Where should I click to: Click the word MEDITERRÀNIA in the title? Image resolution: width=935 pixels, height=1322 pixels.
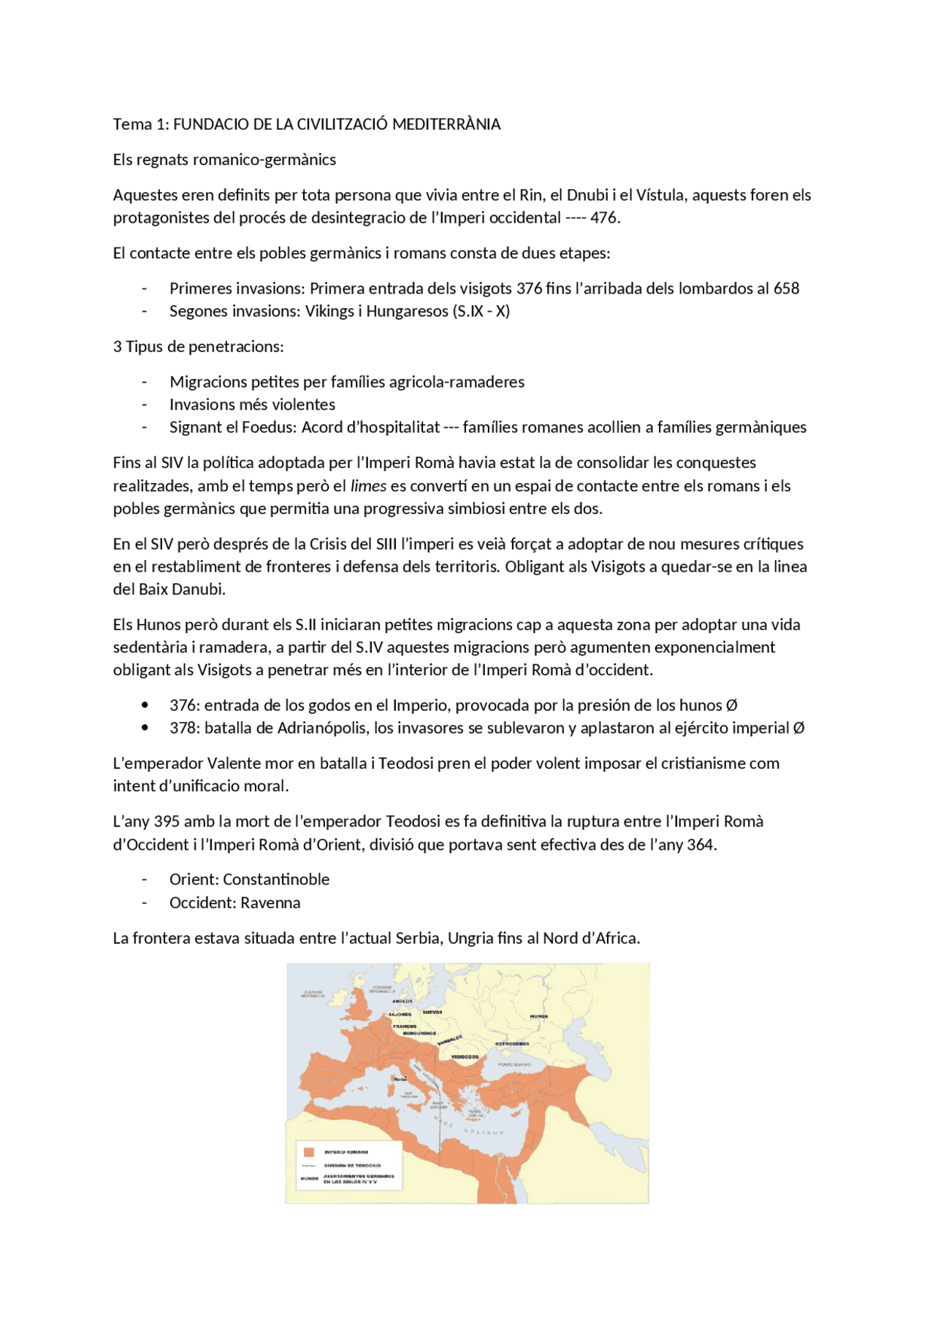pyautogui.click(x=446, y=124)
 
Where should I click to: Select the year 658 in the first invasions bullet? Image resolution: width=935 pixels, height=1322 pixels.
pyautogui.click(x=786, y=288)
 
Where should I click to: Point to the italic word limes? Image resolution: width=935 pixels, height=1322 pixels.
pyautogui.click(x=368, y=486)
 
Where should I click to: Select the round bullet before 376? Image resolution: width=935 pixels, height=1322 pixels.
pyautogui.click(x=145, y=705)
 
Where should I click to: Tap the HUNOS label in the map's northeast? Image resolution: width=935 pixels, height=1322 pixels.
pyautogui.click(x=539, y=1016)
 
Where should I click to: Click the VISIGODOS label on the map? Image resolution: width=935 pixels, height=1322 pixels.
pyautogui.click(x=465, y=1056)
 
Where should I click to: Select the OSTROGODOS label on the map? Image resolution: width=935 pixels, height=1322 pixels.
pyautogui.click(x=512, y=1044)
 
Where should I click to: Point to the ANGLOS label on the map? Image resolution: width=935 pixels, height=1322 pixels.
pyautogui.click(x=402, y=1002)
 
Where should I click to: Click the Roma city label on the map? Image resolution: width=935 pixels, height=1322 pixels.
pyautogui.click(x=400, y=1079)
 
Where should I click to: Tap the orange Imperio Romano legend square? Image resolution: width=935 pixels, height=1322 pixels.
pyautogui.click(x=308, y=1152)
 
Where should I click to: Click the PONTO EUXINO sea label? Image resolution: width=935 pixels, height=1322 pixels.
pyautogui.click(x=514, y=1064)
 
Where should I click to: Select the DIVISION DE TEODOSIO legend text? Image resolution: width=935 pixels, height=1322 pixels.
pyautogui.click(x=352, y=1166)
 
